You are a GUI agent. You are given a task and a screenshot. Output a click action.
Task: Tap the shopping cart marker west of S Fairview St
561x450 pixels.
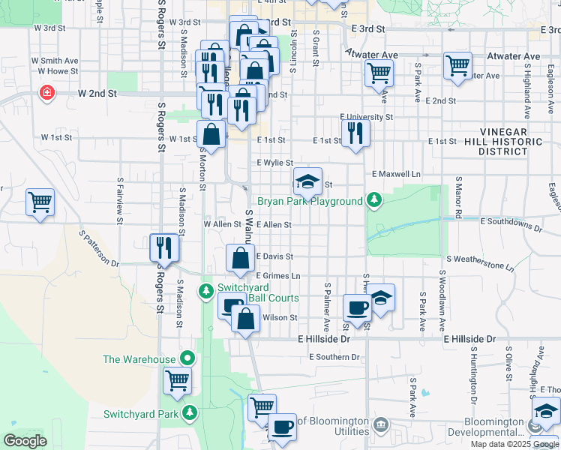(x=40, y=202)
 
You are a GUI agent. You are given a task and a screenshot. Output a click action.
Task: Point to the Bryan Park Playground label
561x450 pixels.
(x=310, y=201)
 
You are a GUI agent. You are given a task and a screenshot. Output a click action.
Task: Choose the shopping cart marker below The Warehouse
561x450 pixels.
(x=178, y=381)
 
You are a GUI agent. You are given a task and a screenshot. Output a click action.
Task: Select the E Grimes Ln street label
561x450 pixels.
(x=277, y=276)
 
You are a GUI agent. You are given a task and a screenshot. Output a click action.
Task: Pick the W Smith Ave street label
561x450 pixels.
(x=55, y=60)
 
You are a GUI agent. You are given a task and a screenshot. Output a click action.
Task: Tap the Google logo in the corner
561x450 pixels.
(x=25, y=441)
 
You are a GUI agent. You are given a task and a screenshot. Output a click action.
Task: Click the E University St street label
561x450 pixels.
(x=366, y=117)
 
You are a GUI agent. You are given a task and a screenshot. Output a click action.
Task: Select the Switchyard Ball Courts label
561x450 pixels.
(x=253, y=292)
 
